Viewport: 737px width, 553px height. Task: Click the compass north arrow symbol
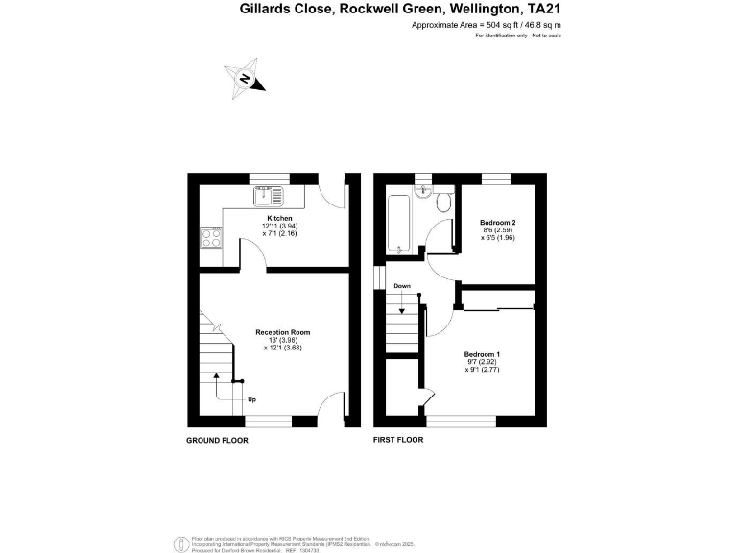point(247,78)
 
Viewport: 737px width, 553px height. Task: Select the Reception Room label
point(282,332)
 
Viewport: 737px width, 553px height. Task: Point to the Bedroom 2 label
point(498,223)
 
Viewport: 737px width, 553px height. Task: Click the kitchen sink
point(266,197)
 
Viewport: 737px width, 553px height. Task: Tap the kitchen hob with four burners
point(209,236)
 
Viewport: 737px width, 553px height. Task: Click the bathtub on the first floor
point(398,223)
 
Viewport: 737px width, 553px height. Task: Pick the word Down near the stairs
point(402,286)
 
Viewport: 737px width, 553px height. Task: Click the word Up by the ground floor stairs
point(251,399)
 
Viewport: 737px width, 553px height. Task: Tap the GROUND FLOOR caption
point(217,440)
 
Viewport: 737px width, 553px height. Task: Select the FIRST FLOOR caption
point(398,440)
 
